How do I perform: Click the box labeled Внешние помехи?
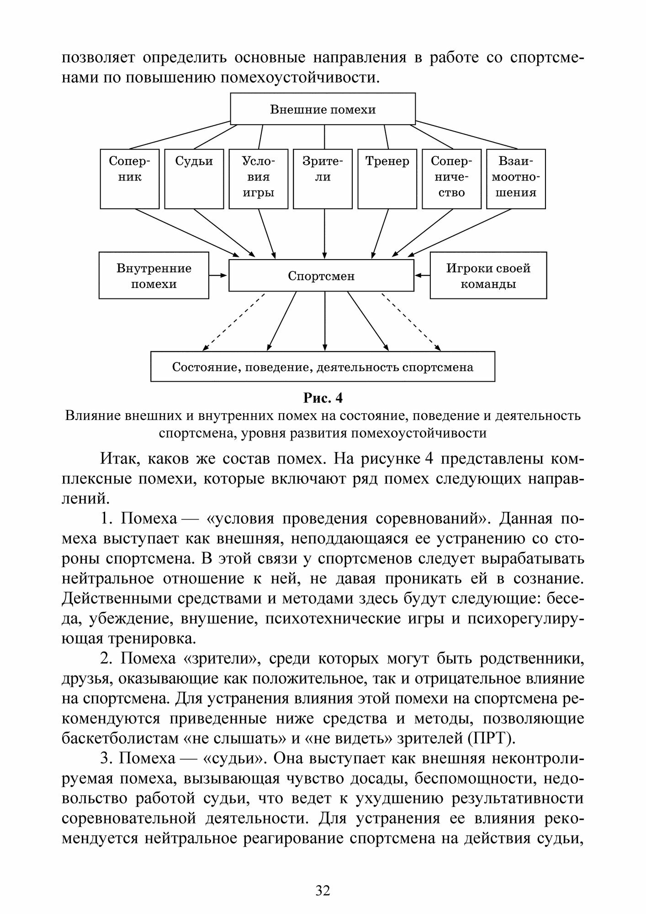[x=323, y=109]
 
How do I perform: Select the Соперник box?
[x=130, y=179]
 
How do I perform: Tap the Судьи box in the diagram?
[x=194, y=179]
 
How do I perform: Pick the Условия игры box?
[x=259, y=179]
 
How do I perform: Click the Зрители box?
[x=323, y=179]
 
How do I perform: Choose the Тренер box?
[x=387, y=179]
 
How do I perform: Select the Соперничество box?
[x=451, y=179]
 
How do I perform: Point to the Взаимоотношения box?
[x=516, y=179]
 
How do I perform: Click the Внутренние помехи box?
[x=154, y=276]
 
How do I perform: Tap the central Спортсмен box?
[x=321, y=276]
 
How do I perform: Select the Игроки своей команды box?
[x=488, y=276]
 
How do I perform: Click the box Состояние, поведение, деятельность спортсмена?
[x=323, y=367]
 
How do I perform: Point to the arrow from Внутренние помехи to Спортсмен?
[x=218, y=276]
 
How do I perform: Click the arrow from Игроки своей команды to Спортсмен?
[x=422, y=276]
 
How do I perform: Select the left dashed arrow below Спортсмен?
[x=233, y=322]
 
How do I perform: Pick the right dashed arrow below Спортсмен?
[x=411, y=322]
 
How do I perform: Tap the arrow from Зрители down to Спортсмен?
[x=325, y=233]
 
